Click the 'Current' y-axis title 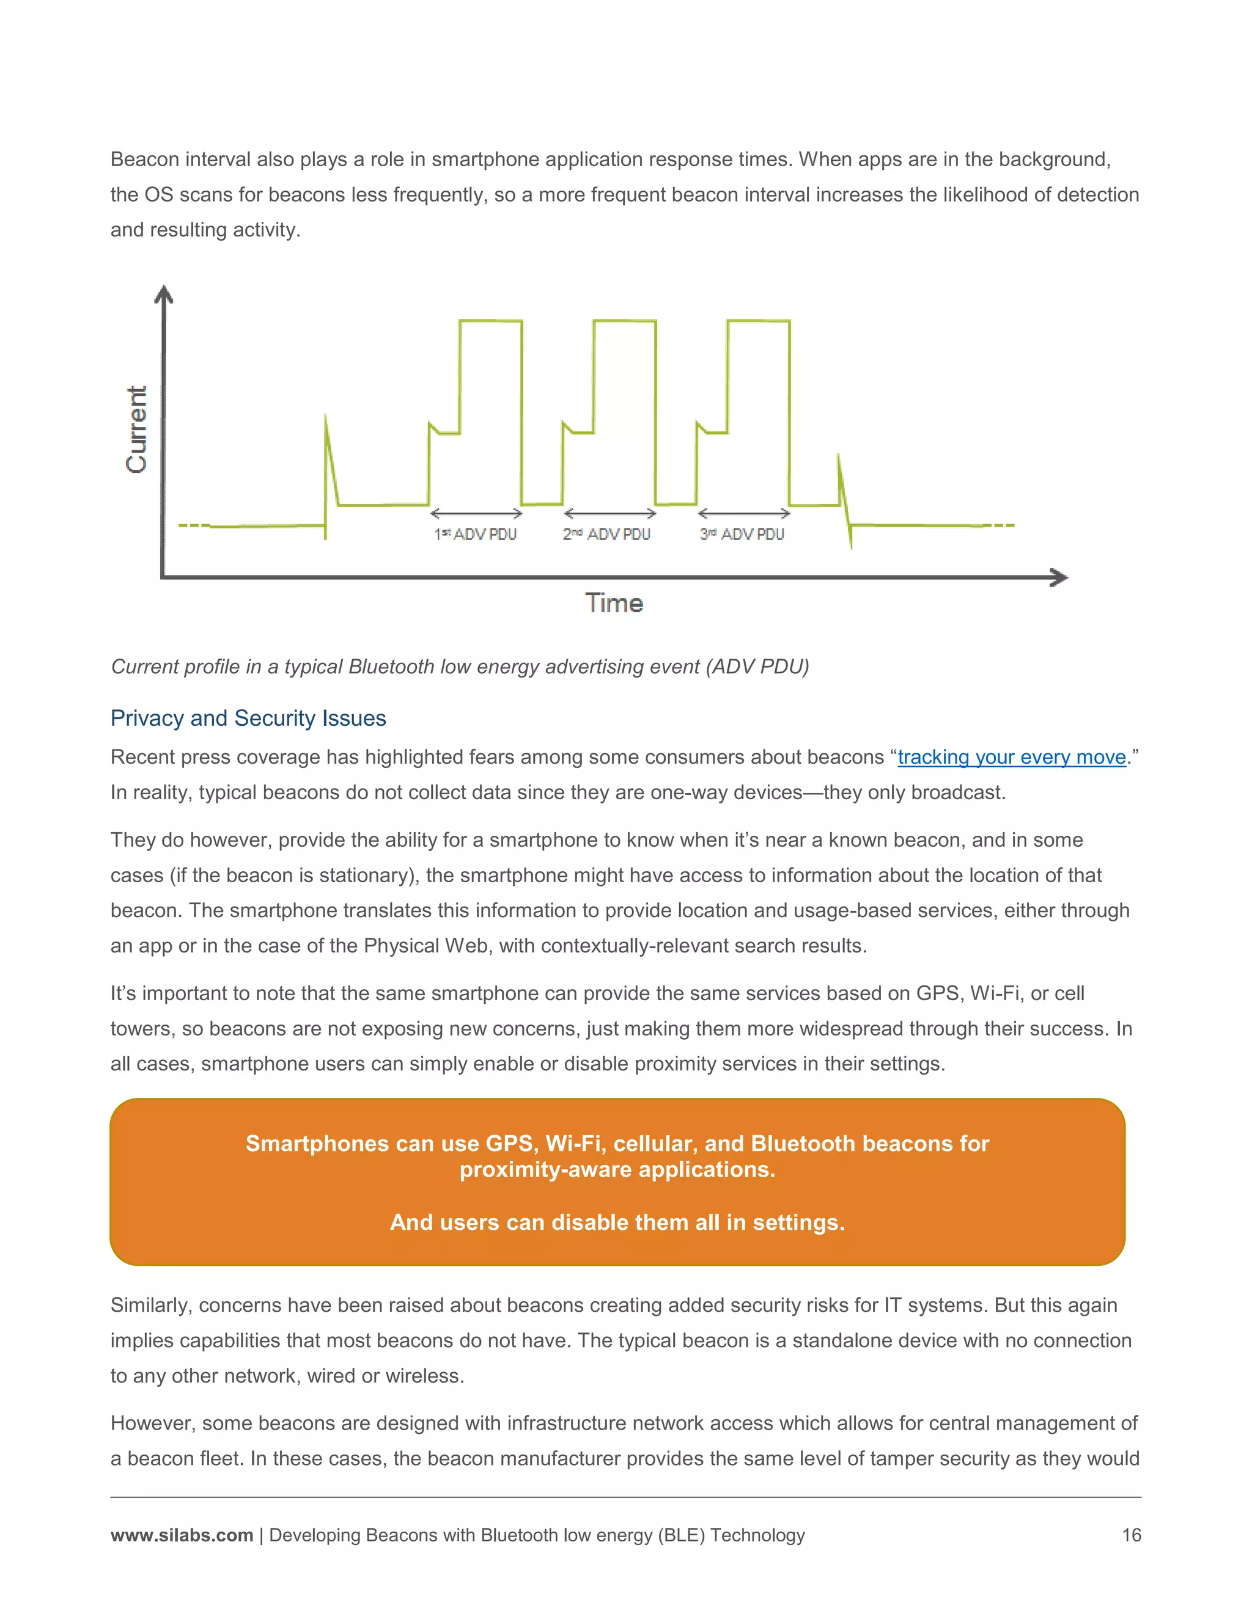[x=137, y=429]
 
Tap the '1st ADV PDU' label [x=476, y=535]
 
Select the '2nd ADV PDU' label [x=606, y=535]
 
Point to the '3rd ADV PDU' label [x=742, y=535]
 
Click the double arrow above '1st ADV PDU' [x=476, y=513]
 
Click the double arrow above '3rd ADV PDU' [x=744, y=513]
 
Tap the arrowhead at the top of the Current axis [x=163, y=294]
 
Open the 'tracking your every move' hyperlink [x=1012, y=757]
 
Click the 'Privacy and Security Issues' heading [x=248, y=718]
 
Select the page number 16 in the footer [x=1131, y=1535]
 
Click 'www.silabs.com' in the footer [x=182, y=1535]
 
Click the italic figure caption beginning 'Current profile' [x=459, y=667]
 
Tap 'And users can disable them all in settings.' [x=617, y=1222]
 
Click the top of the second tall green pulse [x=625, y=321]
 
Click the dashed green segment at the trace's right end [x=1003, y=525]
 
